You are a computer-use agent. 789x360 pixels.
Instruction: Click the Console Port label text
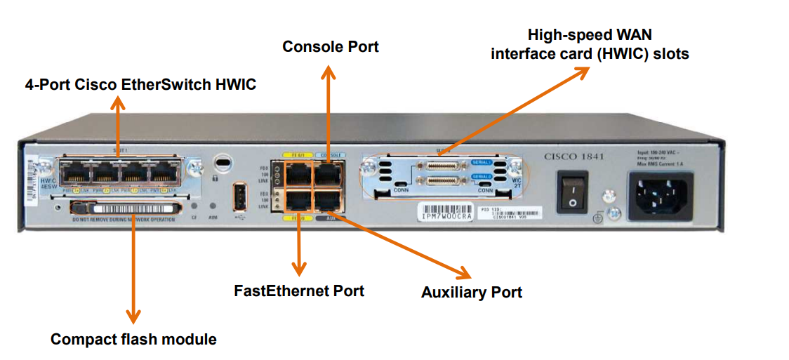(x=330, y=47)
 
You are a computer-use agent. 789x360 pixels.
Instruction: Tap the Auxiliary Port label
(x=471, y=292)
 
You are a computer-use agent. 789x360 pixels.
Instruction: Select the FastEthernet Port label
(x=299, y=290)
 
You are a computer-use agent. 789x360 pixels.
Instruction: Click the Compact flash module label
(x=133, y=340)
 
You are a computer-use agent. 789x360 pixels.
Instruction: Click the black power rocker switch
(x=573, y=192)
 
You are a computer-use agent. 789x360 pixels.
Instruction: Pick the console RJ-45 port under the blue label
(x=328, y=173)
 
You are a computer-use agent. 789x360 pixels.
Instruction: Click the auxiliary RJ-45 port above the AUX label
(x=328, y=201)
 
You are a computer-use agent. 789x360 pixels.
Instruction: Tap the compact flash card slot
(x=128, y=208)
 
